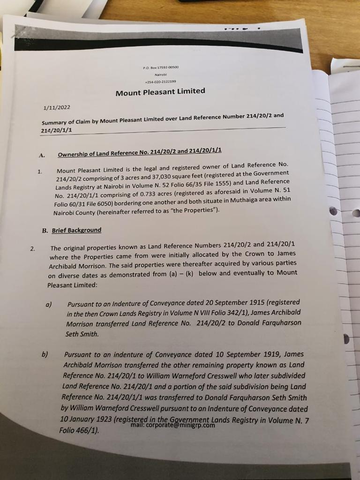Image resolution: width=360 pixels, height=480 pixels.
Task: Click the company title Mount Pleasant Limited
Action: tap(160, 92)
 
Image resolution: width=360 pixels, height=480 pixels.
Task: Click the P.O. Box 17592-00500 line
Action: tap(161, 67)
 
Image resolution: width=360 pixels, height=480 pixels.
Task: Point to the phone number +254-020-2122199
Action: tap(160, 81)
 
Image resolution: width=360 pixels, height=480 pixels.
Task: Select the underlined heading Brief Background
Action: tap(76, 230)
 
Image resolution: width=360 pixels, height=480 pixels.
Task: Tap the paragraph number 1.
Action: tap(40, 172)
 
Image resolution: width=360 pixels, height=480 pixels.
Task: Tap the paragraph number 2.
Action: tap(32, 248)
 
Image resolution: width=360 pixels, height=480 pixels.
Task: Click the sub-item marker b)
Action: tap(45, 354)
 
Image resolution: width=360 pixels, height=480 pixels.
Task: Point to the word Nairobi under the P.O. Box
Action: tap(161, 74)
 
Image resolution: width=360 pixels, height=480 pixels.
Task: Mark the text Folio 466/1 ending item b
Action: tap(78, 430)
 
